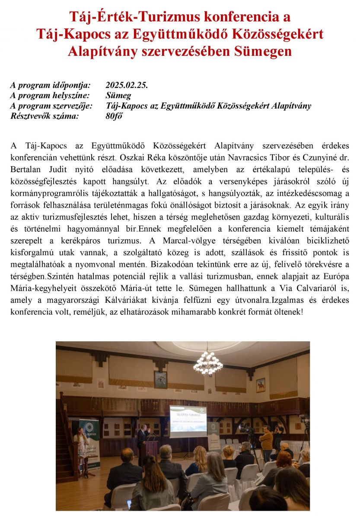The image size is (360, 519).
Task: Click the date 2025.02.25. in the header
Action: pyautogui.click(x=127, y=85)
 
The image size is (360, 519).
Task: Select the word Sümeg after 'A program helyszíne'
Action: pyautogui.click(x=118, y=96)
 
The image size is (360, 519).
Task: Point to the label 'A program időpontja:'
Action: pyautogui.click(x=50, y=85)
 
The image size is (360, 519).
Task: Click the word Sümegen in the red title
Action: pyautogui.click(x=263, y=51)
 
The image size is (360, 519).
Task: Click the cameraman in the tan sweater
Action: pyautogui.click(x=267, y=441)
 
